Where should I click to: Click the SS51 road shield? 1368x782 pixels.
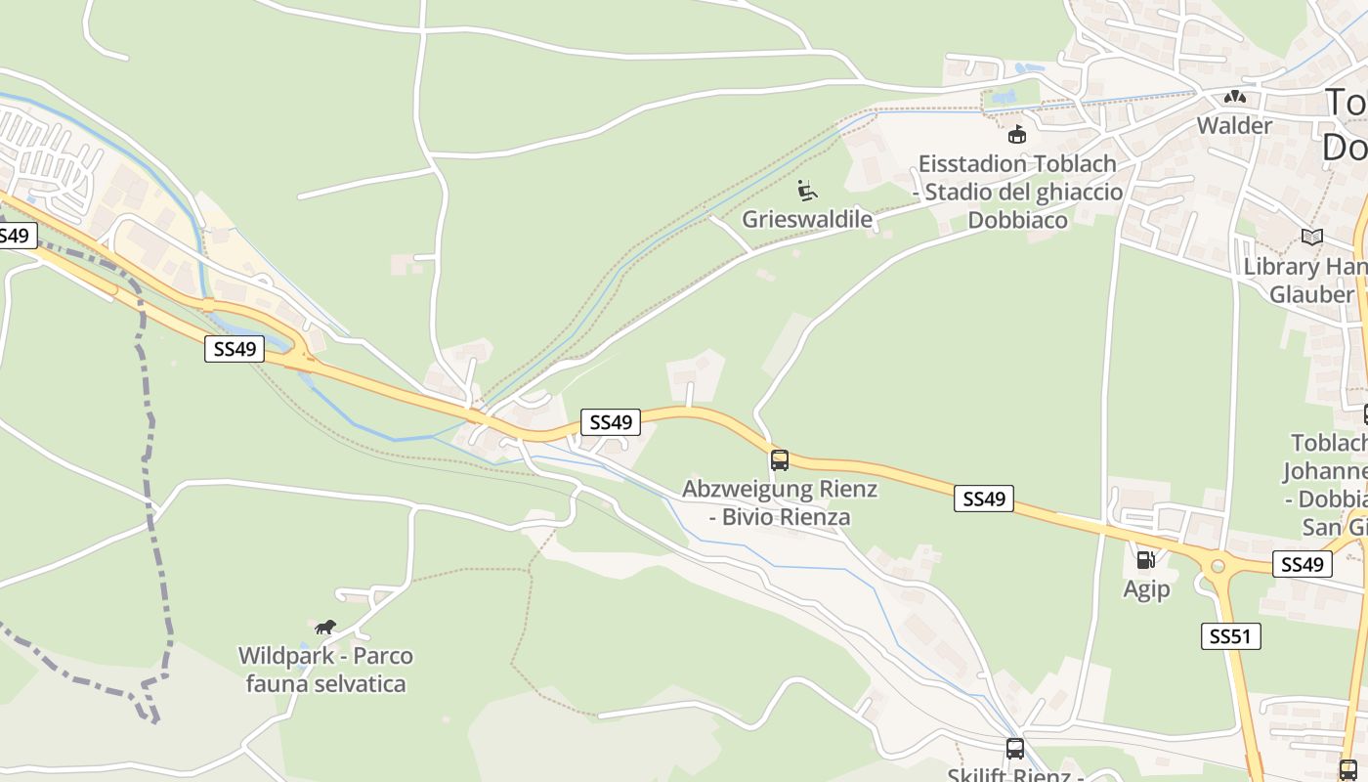pos(1230,636)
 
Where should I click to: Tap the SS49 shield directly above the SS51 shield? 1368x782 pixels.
pos(1302,564)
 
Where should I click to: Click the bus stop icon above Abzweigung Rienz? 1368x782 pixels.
pos(779,459)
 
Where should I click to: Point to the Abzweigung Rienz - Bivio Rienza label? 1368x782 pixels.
pos(779,502)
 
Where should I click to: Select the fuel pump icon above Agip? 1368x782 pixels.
pos(1145,560)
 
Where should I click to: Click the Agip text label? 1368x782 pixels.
pos(1145,589)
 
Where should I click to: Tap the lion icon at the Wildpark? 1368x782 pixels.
pos(325,627)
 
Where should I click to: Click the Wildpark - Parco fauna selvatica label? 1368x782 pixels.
pos(325,670)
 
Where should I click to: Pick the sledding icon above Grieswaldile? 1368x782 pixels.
pos(806,190)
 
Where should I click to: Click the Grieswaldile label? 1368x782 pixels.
pos(806,219)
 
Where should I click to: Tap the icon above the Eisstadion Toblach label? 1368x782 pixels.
pos(1017,134)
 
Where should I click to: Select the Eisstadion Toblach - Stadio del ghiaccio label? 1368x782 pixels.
pos(1017,192)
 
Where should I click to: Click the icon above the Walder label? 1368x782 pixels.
pos(1235,97)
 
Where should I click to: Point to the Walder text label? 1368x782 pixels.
pos(1235,126)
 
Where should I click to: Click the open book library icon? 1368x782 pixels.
pos(1311,238)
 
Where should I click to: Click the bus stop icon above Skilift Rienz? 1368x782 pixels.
pos(1015,749)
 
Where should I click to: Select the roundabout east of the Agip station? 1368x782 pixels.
pos(1218,565)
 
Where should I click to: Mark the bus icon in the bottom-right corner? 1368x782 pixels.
pos(1347,769)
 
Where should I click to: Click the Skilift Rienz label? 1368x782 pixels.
pos(1010,775)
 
